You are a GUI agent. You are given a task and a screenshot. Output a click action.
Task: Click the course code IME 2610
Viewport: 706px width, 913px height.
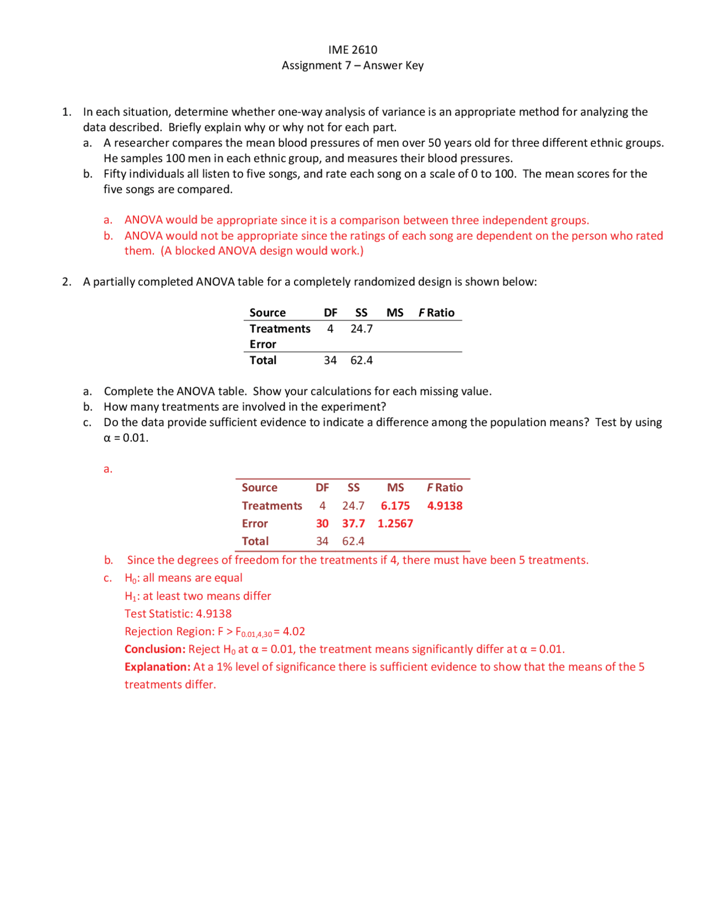(x=352, y=50)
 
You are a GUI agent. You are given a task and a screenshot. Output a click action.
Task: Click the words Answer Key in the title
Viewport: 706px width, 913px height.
(x=393, y=66)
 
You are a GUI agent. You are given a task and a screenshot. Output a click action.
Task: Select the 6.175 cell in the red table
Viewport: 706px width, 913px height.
(x=395, y=506)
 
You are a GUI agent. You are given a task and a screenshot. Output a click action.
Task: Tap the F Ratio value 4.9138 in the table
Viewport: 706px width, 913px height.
(x=445, y=506)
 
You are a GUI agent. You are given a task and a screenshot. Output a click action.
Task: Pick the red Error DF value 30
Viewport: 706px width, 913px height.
(x=322, y=523)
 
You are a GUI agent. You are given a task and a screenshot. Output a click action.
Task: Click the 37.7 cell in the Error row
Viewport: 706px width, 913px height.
(x=353, y=523)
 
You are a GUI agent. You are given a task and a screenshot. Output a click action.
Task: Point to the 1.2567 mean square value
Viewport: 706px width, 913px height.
(x=395, y=523)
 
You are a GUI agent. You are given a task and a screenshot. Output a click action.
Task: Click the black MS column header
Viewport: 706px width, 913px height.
(x=394, y=313)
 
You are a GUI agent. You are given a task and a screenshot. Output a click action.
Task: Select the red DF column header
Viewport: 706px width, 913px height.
(x=322, y=487)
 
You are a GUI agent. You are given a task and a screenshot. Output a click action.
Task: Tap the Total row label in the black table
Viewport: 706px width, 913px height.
(x=263, y=360)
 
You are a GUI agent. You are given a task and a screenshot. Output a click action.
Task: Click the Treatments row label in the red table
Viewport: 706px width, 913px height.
(x=271, y=506)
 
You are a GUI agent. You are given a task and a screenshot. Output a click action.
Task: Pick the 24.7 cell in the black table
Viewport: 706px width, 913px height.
(x=361, y=329)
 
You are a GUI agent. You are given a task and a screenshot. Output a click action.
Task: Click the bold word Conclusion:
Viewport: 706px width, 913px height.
(x=155, y=649)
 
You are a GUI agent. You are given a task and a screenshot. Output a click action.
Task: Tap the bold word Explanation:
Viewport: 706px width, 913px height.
(x=157, y=667)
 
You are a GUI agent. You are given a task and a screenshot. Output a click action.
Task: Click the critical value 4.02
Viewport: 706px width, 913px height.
(x=294, y=631)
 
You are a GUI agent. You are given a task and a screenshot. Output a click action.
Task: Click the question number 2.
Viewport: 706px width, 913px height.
(x=66, y=282)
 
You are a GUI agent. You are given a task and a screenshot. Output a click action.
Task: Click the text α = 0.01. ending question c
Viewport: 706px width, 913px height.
(x=126, y=438)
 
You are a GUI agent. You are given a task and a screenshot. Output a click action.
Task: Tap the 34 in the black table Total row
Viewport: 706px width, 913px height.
(x=330, y=360)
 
